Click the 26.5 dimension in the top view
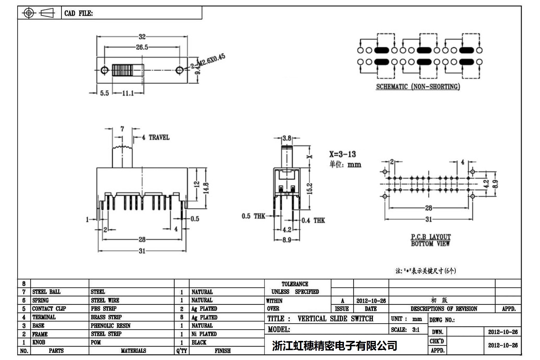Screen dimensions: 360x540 [142, 47]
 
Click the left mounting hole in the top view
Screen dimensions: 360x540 [104, 70]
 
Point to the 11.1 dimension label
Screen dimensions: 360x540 [128, 93]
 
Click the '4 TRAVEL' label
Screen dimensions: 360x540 [156, 137]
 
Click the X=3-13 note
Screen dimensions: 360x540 [342, 154]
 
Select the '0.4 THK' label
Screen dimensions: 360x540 [313, 220]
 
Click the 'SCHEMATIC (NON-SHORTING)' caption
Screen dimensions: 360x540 [418, 87]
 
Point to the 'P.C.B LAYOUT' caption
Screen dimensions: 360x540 [431, 237]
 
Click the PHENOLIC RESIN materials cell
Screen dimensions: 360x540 [111, 326]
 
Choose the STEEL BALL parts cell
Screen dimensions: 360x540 [46, 292]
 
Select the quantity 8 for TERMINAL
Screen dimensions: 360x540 [182, 317]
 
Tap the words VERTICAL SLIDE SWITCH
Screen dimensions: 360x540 [335, 319]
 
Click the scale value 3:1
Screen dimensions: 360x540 [416, 330]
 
